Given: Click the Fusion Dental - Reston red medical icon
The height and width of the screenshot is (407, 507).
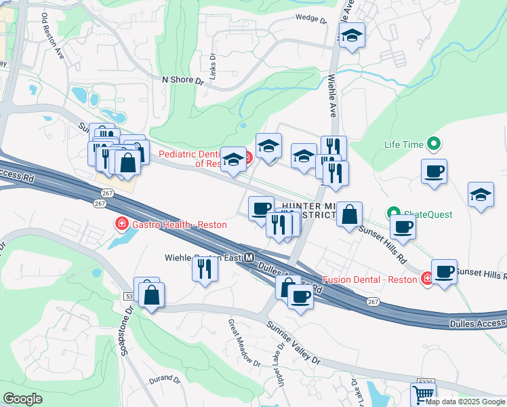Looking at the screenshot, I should click(427, 279).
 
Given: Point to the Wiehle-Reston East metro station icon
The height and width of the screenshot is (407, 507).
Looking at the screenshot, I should click(249, 258).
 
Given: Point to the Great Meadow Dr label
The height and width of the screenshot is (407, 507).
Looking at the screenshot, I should click(244, 343).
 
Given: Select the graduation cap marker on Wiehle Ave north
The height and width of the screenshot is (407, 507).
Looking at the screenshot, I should click(352, 35).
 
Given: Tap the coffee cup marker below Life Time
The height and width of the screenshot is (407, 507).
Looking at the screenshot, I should click(434, 172).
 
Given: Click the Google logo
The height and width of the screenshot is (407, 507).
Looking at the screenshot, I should click(22, 398).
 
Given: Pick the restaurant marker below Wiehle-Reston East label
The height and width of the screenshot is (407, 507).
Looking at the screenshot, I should click(205, 269).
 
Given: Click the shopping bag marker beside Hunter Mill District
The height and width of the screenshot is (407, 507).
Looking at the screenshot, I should click(349, 214).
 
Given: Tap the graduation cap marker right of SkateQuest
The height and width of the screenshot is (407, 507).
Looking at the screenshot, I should click(481, 195).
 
